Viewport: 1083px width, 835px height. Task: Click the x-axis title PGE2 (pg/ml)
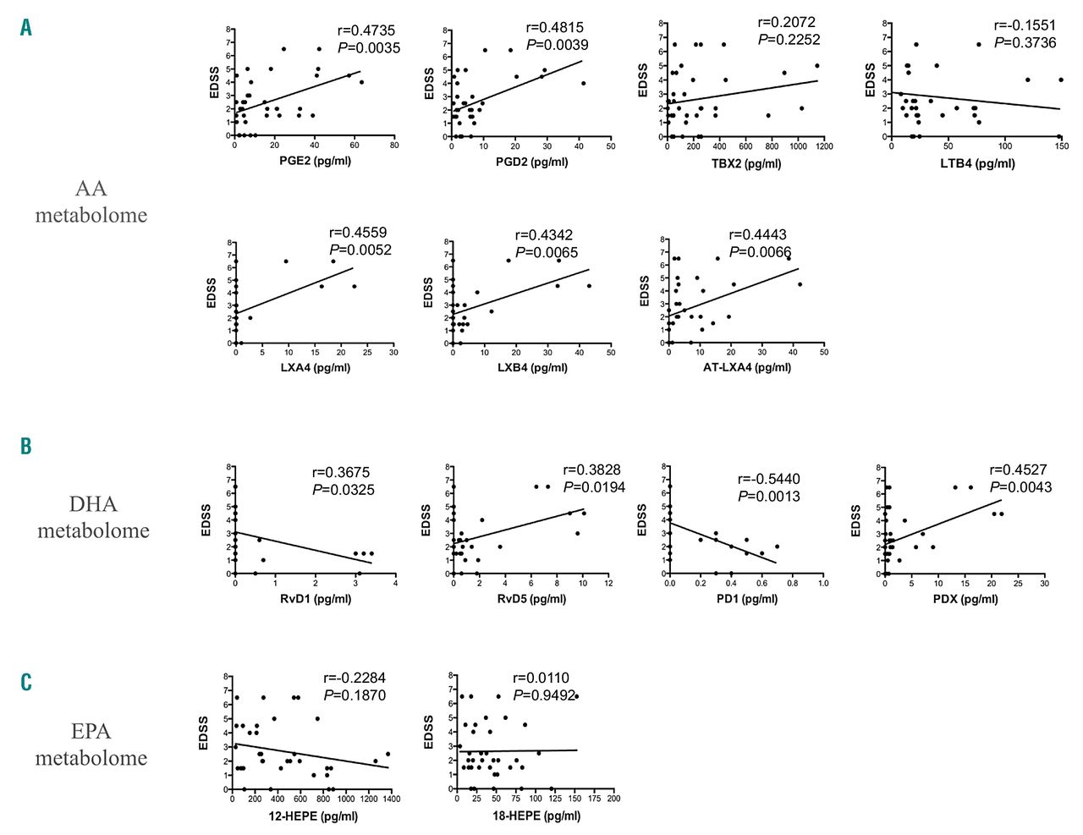point(315,161)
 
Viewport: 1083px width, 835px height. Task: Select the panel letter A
point(26,28)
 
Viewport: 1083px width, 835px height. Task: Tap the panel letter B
point(26,446)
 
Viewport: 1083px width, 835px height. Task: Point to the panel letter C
point(26,682)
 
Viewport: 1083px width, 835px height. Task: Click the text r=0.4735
point(366,30)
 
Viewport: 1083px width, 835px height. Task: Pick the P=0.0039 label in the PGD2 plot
point(557,45)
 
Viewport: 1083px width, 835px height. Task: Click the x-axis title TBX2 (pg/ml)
point(745,163)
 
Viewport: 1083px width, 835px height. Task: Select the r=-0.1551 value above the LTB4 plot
point(1025,25)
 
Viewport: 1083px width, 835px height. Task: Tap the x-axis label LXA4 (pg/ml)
point(315,367)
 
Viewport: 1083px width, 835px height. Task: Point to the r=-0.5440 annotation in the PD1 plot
point(768,479)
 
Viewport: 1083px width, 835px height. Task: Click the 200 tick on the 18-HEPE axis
point(613,799)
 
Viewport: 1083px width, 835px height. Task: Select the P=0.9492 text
point(544,695)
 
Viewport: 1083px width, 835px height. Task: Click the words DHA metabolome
point(93,517)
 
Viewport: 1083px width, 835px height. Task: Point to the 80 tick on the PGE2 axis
point(394,146)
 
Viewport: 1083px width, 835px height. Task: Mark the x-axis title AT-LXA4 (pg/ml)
point(747,367)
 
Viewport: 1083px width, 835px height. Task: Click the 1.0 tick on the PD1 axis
point(823,583)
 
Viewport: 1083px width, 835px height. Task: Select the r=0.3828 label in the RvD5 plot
point(593,470)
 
